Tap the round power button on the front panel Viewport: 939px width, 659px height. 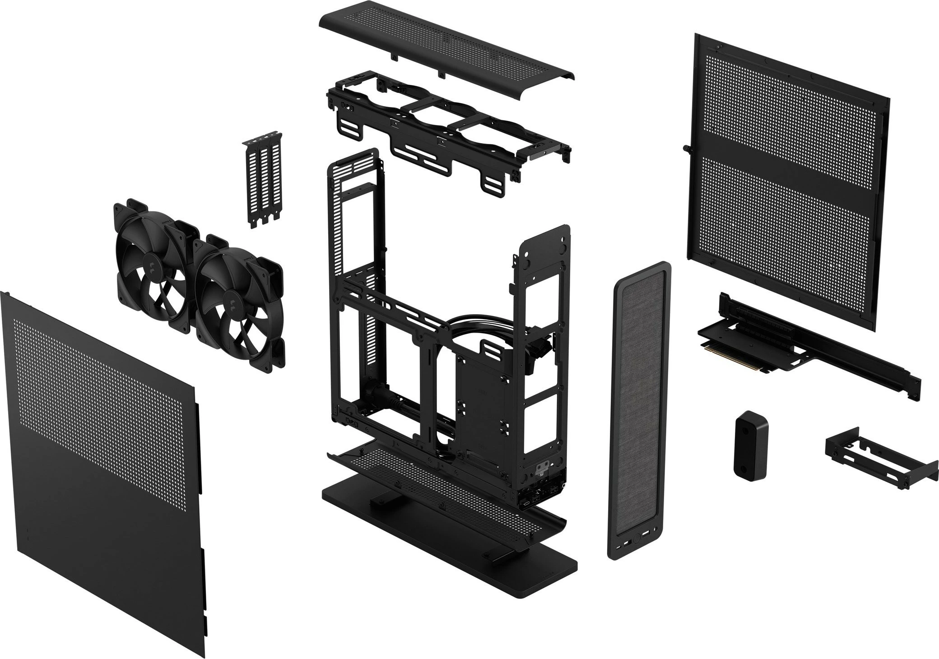(636, 538)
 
